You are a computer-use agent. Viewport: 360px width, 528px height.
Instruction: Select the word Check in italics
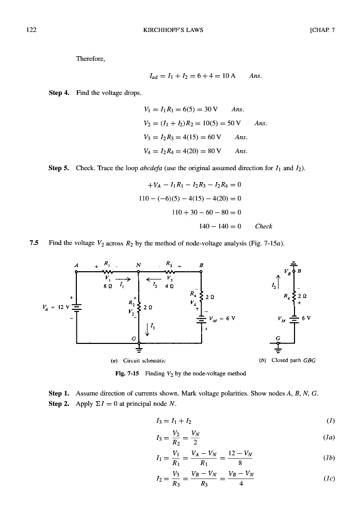click(264, 226)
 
